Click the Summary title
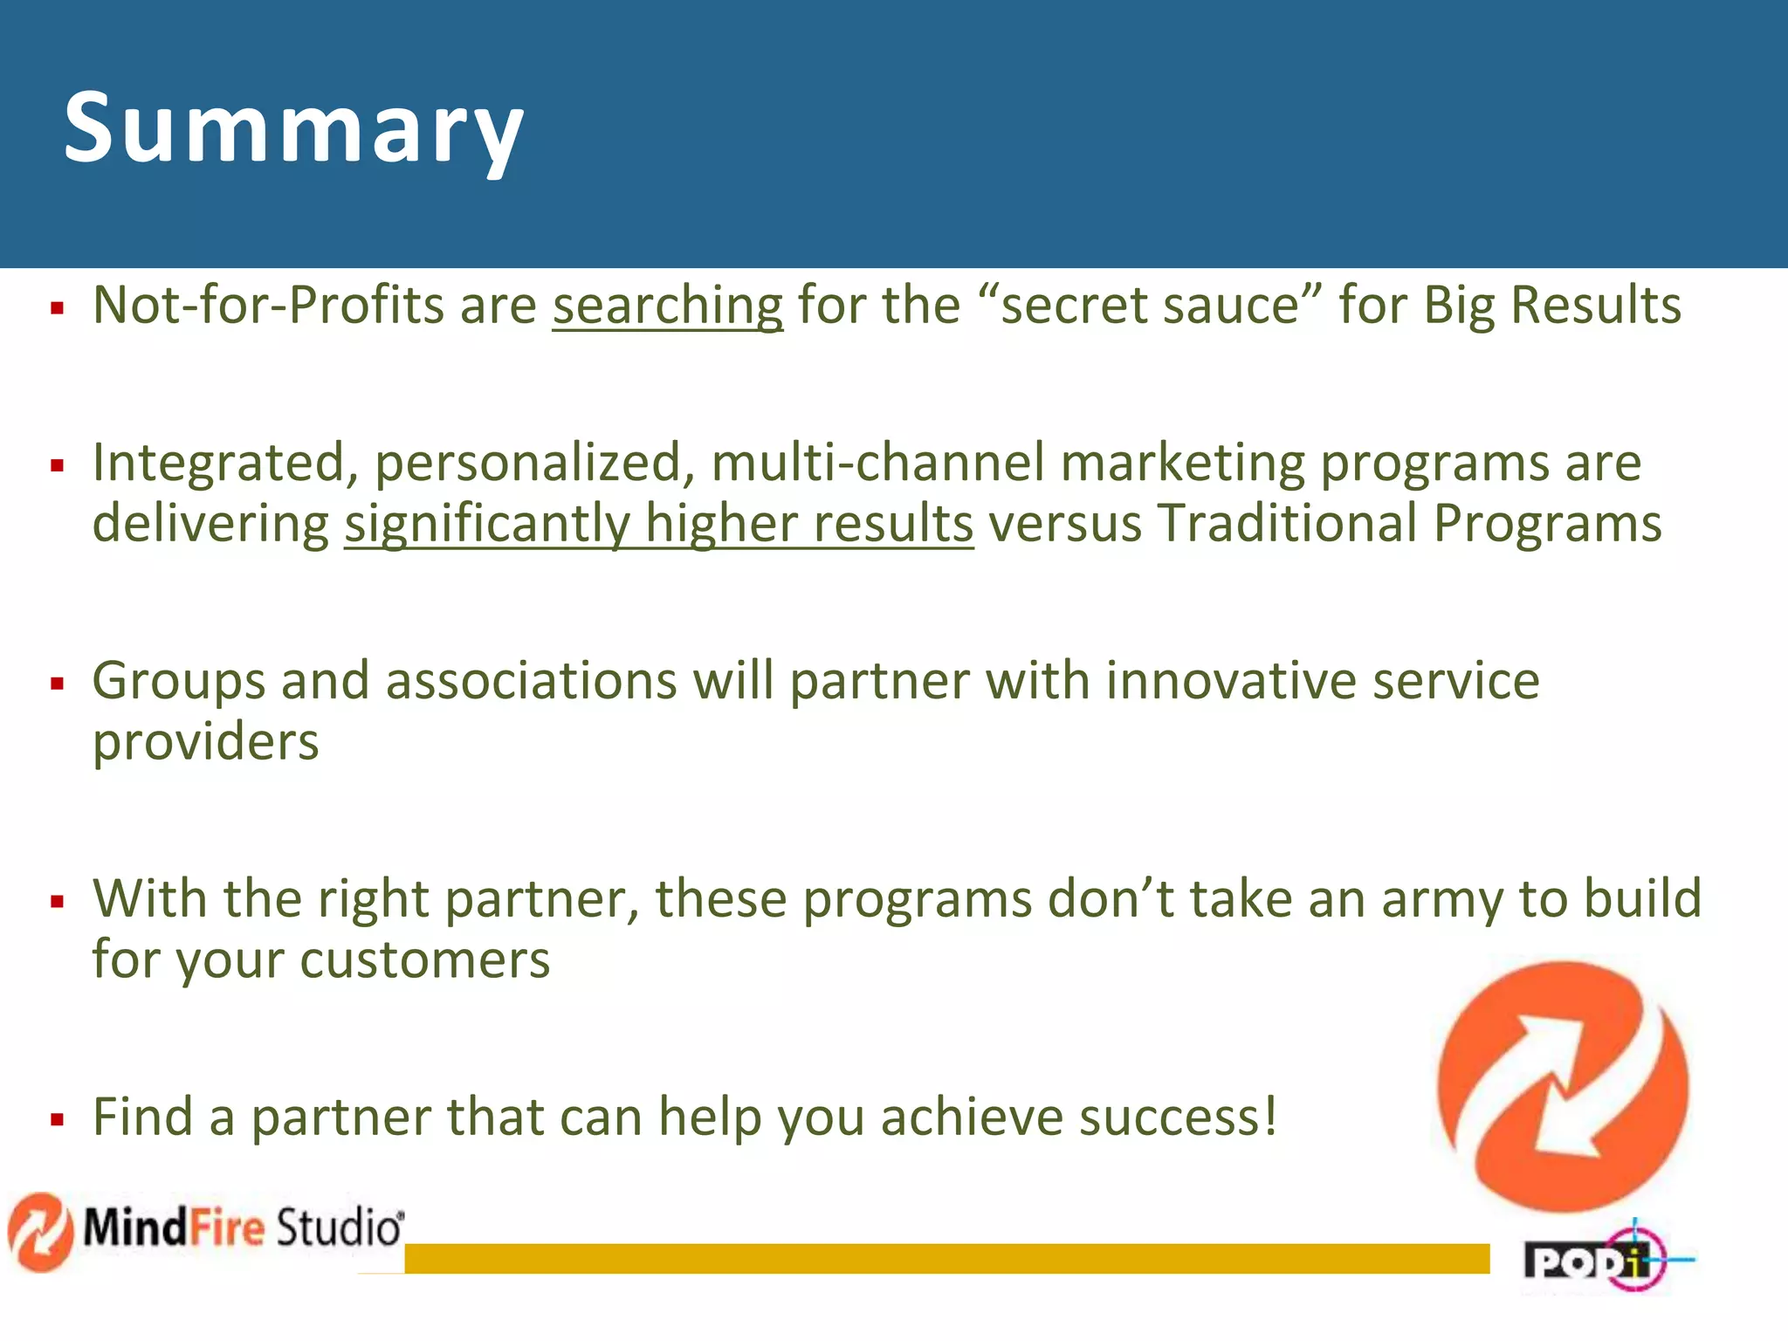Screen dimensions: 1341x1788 293,129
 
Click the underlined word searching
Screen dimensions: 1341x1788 668,306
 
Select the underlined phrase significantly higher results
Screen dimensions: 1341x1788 658,524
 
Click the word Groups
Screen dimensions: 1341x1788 178,682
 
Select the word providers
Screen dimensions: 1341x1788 206,743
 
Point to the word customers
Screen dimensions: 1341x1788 425,960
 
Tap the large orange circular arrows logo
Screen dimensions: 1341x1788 1563,1087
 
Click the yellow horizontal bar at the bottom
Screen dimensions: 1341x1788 946,1258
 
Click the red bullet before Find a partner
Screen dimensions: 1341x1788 58,1119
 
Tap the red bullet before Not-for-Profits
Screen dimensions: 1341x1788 58,307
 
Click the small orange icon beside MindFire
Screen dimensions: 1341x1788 39,1231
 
